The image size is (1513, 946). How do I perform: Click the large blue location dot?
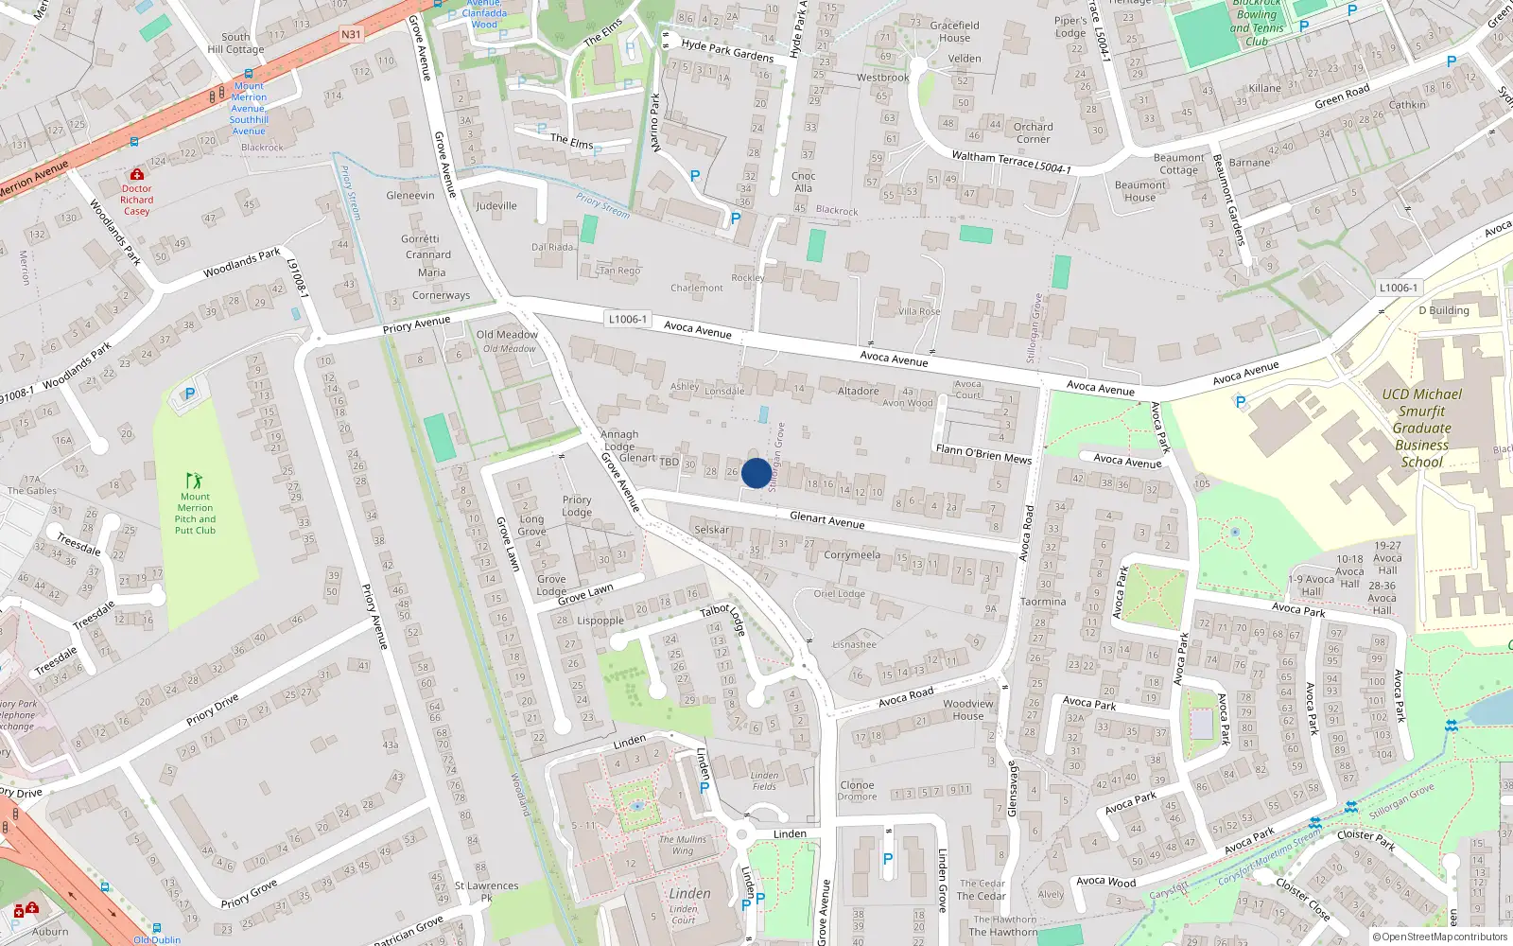[x=756, y=473]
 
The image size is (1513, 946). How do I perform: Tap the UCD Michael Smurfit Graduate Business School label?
[x=1421, y=428]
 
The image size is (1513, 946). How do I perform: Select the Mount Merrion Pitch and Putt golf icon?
[x=194, y=481]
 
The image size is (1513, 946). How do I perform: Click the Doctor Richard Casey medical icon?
[x=137, y=175]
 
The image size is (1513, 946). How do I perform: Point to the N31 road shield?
[x=351, y=35]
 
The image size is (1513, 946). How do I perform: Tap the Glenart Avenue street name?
[x=826, y=519]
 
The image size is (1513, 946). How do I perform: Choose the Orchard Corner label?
[x=1033, y=132]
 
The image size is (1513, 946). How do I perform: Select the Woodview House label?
[x=968, y=709]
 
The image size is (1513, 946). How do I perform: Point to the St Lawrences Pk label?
[x=486, y=891]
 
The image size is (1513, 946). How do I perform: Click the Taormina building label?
[x=1042, y=602]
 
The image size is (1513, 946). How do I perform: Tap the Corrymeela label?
[x=851, y=555]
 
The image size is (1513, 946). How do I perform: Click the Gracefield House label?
[x=954, y=31]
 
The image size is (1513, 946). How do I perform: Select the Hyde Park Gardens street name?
[x=727, y=50]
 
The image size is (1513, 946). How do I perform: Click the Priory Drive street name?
[x=213, y=709]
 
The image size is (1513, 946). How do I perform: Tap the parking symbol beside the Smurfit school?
[x=1241, y=402]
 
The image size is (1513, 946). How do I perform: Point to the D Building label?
[x=1444, y=310]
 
